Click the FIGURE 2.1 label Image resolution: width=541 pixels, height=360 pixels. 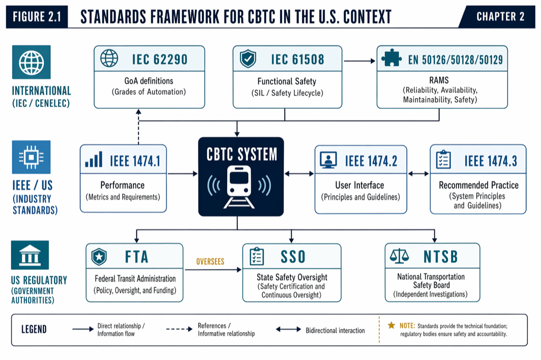36,17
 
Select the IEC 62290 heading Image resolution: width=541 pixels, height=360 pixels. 160,59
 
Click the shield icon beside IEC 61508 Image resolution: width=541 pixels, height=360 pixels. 248,59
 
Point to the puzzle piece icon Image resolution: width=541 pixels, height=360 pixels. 391,59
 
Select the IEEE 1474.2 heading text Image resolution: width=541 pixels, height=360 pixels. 371,160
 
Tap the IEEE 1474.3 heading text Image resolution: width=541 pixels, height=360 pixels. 491,160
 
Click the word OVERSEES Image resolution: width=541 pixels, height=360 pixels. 210,261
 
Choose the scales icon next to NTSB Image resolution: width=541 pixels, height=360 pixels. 399,257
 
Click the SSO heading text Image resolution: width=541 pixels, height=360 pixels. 293,257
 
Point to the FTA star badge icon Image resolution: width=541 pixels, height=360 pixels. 99,257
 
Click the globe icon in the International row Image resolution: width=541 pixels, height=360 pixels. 31,62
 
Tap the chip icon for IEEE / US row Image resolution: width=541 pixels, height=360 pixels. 31,157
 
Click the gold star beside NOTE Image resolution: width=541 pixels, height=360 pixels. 391,326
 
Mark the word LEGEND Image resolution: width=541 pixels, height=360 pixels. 34,330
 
